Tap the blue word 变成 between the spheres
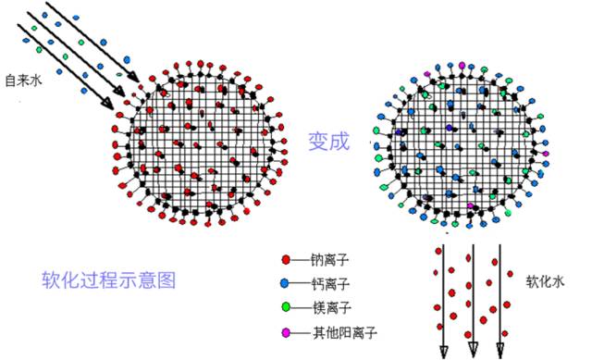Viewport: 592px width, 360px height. pyautogui.click(x=329, y=142)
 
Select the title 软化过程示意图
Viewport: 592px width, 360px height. pyautogui.click(x=108, y=279)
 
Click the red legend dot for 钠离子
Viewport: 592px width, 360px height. pyautogui.click(x=287, y=260)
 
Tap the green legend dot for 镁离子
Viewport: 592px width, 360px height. pyautogui.click(x=287, y=306)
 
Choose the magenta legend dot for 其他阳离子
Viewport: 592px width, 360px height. pyautogui.click(x=287, y=330)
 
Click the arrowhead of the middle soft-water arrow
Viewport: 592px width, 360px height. pyautogui.click(x=473, y=349)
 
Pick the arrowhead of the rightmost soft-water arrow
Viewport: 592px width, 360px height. pyautogui.click(x=500, y=349)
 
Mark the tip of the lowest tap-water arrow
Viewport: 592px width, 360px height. pyautogui.click(x=120, y=106)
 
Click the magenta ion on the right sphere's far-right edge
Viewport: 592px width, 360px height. pyautogui.click(x=546, y=153)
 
